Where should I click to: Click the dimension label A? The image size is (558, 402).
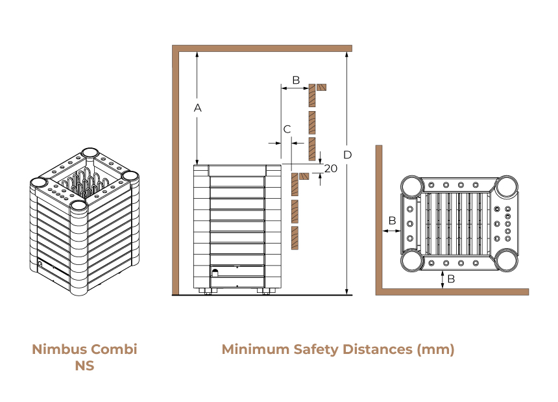(x=197, y=108)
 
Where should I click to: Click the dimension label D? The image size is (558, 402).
(x=347, y=155)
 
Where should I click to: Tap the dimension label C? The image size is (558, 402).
(x=287, y=129)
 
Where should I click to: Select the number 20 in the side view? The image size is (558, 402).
(x=331, y=168)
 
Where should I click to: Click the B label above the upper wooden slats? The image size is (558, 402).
(x=296, y=80)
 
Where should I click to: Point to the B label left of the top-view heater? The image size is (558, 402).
(x=392, y=221)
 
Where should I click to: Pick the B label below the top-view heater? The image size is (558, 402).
(x=451, y=279)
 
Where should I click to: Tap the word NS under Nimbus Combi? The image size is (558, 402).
(x=84, y=366)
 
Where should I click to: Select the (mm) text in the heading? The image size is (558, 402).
(x=435, y=349)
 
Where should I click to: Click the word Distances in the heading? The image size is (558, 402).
(x=378, y=349)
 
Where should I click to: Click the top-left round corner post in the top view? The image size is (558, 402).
(x=412, y=186)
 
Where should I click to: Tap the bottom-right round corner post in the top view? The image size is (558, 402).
(x=506, y=260)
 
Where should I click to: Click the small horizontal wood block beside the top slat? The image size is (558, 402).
(x=322, y=87)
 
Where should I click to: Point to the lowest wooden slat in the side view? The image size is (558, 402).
(x=295, y=238)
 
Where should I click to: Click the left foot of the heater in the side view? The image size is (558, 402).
(x=205, y=291)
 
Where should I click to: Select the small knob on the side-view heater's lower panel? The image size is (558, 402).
(x=215, y=273)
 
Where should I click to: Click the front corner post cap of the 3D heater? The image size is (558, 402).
(x=79, y=205)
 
